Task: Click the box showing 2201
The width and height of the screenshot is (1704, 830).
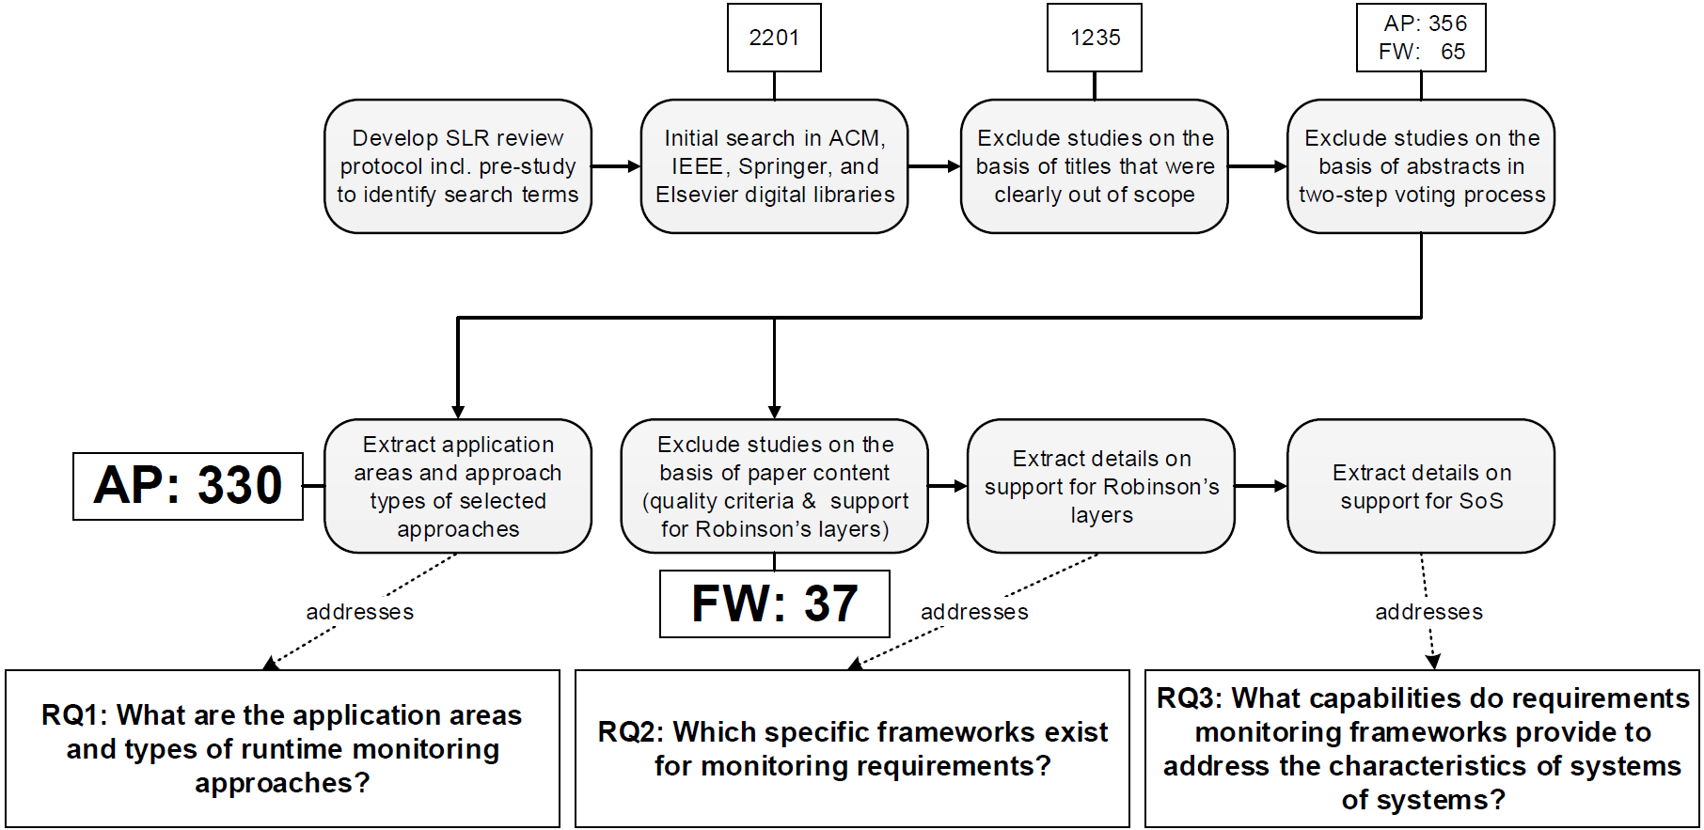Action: tap(774, 38)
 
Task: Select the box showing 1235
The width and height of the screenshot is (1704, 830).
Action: tap(1095, 38)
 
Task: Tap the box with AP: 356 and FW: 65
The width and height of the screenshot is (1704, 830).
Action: tap(1421, 38)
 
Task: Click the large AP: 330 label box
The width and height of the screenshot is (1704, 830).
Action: tap(188, 486)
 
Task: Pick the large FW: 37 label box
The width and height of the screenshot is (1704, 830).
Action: tap(775, 603)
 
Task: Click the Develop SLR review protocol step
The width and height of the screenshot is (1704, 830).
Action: tap(458, 166)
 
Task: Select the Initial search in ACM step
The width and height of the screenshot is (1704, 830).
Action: tap(775, 166)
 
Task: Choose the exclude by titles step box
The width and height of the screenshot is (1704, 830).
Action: tap(1095, 166)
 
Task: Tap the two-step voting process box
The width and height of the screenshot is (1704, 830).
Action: tap(1421, 166)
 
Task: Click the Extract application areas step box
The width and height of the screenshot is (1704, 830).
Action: tap(458, 486)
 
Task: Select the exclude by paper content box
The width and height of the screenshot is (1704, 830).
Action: tap(775, 486)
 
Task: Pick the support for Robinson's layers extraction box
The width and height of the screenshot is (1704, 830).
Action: tap(1101, 486)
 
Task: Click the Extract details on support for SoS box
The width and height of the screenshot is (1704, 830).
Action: tap(1421, 486)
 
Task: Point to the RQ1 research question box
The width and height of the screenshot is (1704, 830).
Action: tap(282, 749)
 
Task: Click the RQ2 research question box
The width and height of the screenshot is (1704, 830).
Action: tap(852, 749)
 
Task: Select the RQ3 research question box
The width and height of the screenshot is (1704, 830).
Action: tap(1422, 749)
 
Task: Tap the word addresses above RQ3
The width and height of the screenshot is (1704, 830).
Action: tap(1428, 612)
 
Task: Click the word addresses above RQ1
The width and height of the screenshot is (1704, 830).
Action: tap(359, 612)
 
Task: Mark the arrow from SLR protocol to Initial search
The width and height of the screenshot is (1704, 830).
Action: tap(616, 166)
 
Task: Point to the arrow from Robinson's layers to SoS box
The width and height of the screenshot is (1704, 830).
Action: tap(1261, 486)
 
